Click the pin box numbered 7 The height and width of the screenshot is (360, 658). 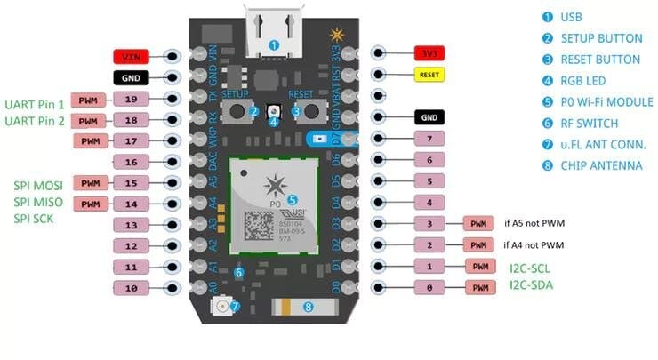pyautogui.click(x=429, y=140)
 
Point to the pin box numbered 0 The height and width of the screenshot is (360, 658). pyautogui.click(x=429, y=287)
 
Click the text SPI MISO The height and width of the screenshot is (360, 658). pyautogui.click(x=36, y=202)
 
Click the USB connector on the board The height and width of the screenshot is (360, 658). pyautogui.click(x=274, y=32)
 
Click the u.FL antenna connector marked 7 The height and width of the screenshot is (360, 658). pyautogui.click(x=223, y=307)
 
